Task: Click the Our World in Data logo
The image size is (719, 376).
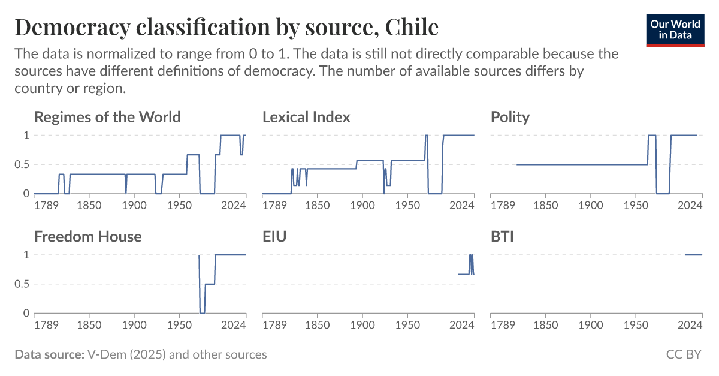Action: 675,28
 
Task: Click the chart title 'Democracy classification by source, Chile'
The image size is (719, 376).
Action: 226,27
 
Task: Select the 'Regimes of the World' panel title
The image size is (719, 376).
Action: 107,116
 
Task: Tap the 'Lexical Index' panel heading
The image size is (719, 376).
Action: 306,116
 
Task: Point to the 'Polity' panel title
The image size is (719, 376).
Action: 510,116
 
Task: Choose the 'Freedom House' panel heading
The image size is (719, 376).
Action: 88,236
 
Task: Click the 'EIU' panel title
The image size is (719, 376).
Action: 274,236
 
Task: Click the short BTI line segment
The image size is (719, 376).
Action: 693,255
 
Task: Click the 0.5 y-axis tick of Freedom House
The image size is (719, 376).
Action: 22,284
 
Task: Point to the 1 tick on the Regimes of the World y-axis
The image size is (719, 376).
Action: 26,136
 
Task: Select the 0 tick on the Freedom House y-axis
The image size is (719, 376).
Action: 26,314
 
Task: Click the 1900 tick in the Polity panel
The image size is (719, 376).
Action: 590,205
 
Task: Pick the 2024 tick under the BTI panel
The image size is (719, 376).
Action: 690,325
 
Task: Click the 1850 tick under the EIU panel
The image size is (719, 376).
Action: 317,325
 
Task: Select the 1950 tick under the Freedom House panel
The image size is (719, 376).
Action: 179,325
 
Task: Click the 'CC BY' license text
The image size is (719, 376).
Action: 684,354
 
